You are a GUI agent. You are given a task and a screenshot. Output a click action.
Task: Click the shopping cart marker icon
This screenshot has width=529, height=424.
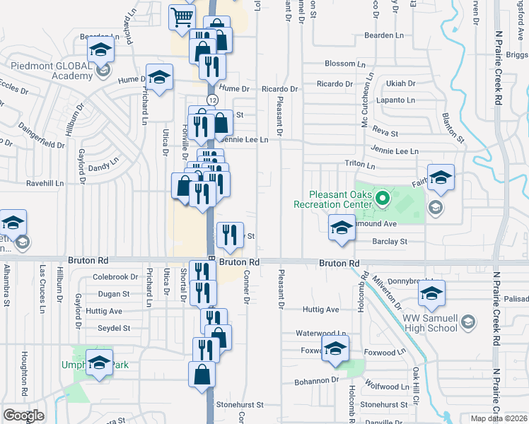(182, 16)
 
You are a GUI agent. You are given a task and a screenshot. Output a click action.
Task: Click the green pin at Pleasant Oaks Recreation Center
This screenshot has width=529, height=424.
(383, 198)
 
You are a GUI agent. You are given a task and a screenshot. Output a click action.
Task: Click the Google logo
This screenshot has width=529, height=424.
(23, 415)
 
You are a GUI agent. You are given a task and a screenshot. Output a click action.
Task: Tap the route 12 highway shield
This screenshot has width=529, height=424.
(212, 100)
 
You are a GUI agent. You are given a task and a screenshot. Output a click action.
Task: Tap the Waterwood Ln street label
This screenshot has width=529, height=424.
(322, 333)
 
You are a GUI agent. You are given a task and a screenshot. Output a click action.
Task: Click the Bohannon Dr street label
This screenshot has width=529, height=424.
(317, 380)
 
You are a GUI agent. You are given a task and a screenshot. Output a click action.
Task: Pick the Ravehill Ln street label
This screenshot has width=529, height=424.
(45, 182)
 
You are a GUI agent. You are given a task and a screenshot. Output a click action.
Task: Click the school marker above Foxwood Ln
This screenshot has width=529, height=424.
(335, 348)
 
